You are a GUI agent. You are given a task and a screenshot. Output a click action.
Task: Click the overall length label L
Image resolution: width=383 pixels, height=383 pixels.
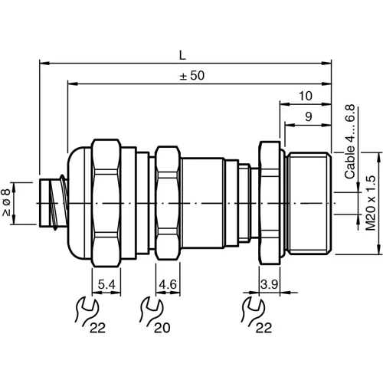[x=182, y=54]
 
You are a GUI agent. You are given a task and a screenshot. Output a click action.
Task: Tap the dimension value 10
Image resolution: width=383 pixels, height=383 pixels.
[x=306, y=97]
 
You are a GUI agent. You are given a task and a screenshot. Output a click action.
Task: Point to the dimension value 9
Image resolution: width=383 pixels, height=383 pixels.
[x=307, y=117]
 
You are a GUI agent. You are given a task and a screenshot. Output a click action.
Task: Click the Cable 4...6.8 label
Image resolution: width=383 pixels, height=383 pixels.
[x=350, y=141]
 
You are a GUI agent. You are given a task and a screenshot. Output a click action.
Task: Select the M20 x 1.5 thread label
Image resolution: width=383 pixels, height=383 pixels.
[x=370, y=203]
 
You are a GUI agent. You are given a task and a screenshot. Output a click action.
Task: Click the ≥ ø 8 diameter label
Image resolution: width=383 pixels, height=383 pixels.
[x=7, y=203]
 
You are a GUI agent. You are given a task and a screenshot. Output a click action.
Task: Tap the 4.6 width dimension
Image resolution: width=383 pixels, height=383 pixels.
[x=168, y=285]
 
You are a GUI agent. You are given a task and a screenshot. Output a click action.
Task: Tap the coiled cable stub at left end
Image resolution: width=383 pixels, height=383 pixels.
[x=52, y=202]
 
